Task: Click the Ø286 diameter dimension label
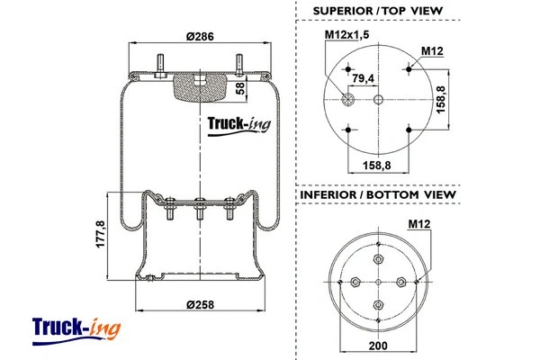[199, 37]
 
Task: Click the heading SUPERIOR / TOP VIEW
[377, 11]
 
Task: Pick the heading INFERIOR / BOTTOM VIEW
[377, 194]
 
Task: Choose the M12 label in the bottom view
[419, 223]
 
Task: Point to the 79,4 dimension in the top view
[364, 79]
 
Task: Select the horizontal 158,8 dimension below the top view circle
[378, 165]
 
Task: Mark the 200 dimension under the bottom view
[378, 346]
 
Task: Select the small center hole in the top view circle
[378, 99]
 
